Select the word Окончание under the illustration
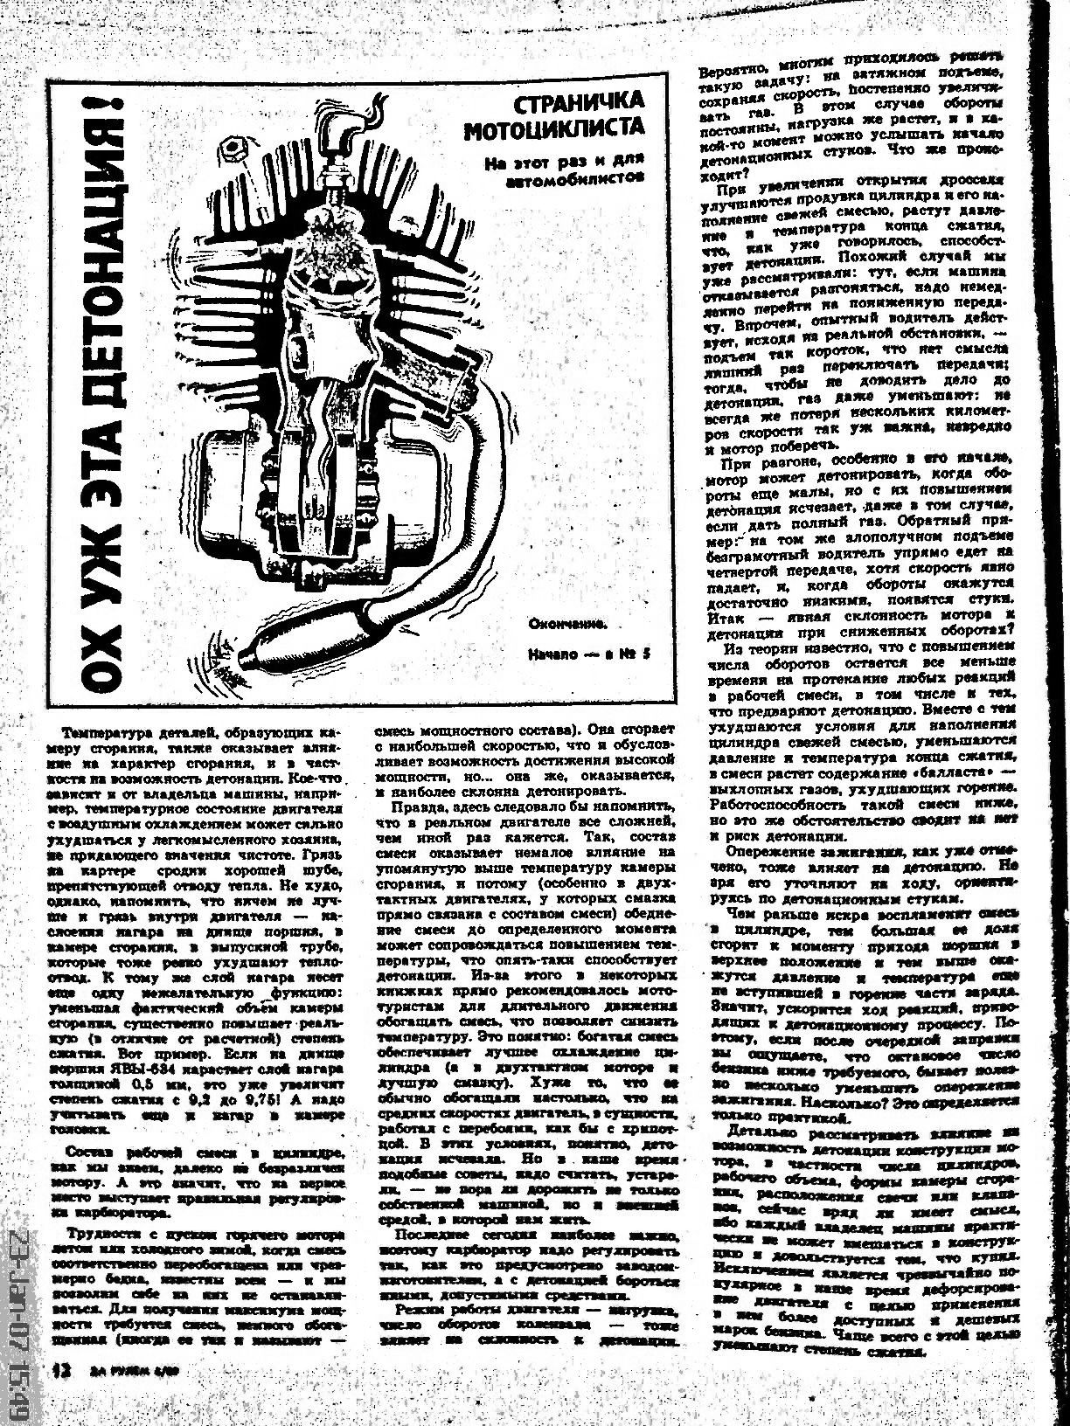(x=567, y=623)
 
